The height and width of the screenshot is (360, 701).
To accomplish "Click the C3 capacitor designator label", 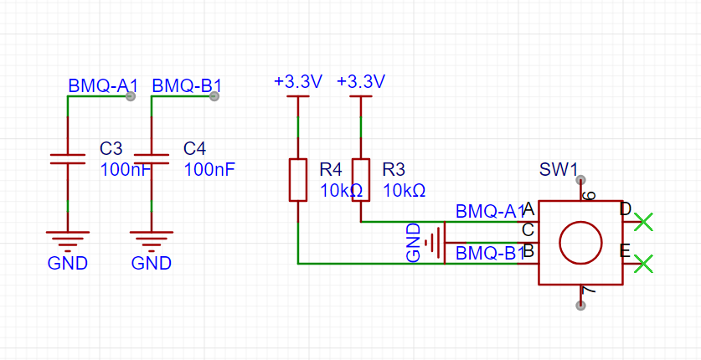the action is click(111, 148).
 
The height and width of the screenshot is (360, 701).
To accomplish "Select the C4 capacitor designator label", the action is click(195, 148).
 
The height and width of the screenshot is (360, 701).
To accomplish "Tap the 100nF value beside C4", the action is click(209, 170).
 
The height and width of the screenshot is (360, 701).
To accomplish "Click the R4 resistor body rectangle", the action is click(298, 179).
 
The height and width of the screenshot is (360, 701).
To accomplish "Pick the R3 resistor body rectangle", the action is click(361, 179).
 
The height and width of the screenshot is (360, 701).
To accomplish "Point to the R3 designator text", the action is click(394, 170).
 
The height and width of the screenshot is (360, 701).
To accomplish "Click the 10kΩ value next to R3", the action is click(405, 191).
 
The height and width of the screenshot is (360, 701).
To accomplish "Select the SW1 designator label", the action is click(559, 170).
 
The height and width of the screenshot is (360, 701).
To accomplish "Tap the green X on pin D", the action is click(644, 222).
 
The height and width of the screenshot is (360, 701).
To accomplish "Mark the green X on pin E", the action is click(644, 264).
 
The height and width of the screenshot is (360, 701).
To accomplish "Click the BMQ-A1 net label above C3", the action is click(103, 85).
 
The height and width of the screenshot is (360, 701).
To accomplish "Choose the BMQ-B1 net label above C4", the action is click(187, 85).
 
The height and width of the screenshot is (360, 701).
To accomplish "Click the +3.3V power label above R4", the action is click(298, 82).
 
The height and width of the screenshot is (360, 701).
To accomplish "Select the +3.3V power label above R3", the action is click(361, 82).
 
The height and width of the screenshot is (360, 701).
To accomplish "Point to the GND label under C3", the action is click(68, 264).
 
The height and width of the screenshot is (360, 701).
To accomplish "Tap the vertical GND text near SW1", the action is click(414, 243).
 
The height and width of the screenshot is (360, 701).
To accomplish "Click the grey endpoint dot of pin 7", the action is click(580, 306).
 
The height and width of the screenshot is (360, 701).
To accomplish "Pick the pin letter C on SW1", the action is click(528, 230).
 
